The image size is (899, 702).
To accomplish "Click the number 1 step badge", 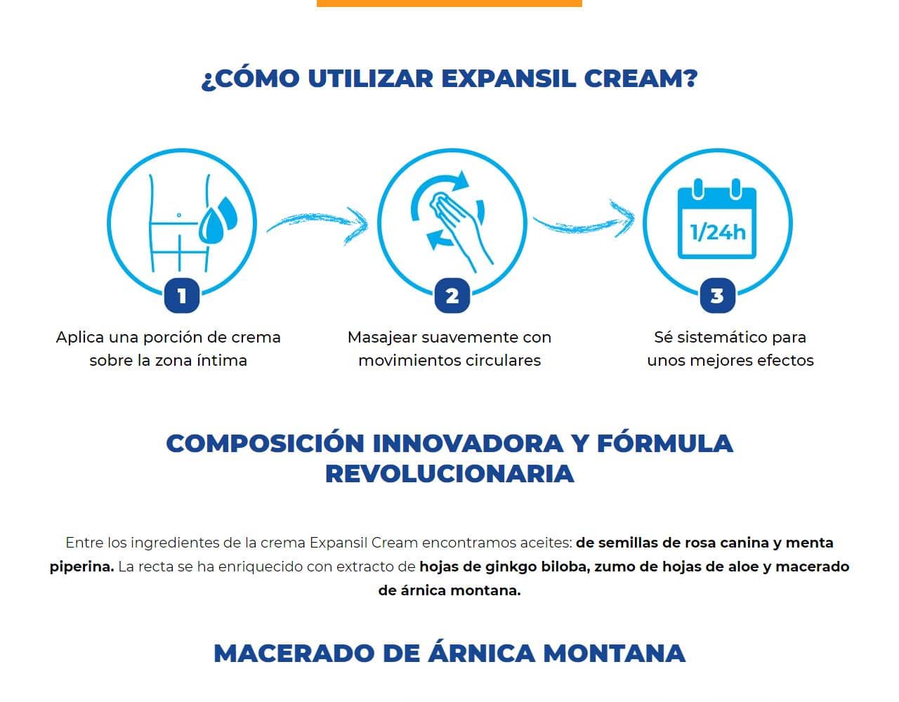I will point(182,296).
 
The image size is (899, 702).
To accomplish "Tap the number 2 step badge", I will point(452,296).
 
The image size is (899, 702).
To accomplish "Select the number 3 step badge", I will point(717,296).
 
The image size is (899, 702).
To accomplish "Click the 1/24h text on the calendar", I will point(717,232).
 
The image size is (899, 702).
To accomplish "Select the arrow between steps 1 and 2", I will point(317,225).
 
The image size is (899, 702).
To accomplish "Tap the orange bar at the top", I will point(449,3).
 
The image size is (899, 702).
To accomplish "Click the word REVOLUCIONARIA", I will point(449,474).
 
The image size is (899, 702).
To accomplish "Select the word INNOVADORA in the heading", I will point(468,444).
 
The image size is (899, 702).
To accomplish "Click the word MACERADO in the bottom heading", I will point(294,654).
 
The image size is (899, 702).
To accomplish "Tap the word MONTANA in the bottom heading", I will point(615,654).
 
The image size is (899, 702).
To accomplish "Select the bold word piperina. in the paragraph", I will point(81,567).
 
